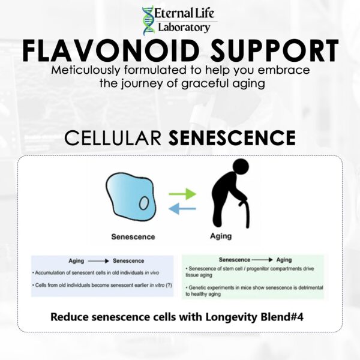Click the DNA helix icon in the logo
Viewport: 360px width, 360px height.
(148, 21)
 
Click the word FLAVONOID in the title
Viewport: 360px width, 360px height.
(111, 51)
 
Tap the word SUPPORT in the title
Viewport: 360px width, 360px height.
(274, 51)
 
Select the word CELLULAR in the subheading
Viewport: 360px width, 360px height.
(113, 137)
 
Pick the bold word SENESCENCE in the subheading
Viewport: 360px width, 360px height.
(232, 137)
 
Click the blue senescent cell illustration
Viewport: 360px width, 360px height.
(131, 197)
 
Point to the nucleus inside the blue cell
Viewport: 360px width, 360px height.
(144, 203)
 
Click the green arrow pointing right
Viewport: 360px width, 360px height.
(182, 194)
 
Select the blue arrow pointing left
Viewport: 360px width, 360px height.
(182, 209)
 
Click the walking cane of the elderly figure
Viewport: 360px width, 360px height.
(245, 214)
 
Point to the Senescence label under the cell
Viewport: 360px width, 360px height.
(133, 237)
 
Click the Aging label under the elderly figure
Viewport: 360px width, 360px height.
(221, 236)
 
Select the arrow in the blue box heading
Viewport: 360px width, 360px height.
(98, 261)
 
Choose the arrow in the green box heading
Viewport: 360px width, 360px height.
(262, 260)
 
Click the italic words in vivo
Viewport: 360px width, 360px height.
(152, 273)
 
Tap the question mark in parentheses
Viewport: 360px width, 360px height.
(169, 285)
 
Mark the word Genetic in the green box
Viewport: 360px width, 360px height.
(197, 287)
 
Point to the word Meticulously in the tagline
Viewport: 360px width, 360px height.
(85, 70)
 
